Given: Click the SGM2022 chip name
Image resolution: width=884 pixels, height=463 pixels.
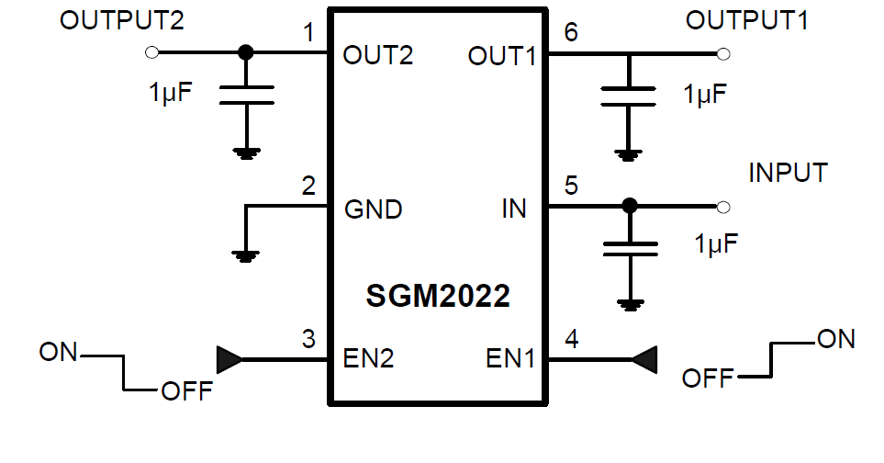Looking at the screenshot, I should tap(438, 296).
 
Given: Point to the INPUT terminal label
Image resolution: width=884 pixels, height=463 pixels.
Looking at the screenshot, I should tap(788, 173).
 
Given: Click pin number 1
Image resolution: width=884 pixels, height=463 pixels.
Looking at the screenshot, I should tap(308, 35).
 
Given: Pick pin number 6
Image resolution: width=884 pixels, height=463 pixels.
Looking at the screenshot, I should tap(571, 34).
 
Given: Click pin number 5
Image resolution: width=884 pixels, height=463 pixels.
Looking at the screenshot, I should tap(571, 186).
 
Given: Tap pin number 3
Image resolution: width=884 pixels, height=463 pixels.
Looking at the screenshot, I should tap(308, 339).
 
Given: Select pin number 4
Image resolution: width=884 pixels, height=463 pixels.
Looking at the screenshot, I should tap(571, 339).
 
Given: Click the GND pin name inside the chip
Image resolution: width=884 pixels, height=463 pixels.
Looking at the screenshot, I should tap(373, 209).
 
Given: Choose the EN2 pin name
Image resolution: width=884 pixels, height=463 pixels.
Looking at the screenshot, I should tap(368, 358).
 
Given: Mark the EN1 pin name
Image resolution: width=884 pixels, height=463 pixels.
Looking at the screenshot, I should tap(509, 358).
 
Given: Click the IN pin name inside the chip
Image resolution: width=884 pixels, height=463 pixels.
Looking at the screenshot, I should tap(514, 209).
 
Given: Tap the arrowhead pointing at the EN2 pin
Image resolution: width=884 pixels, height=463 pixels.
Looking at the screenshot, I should tap(229, 359).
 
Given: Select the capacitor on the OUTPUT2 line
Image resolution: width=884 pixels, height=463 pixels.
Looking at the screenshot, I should tap(245, 95).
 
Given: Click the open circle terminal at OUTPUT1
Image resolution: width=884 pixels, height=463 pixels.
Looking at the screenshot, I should tap(723, 54).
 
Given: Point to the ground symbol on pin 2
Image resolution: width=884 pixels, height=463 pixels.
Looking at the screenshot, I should tap(245, 255).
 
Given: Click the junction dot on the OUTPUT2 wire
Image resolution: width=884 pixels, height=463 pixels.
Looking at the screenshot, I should tap(245, 53).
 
